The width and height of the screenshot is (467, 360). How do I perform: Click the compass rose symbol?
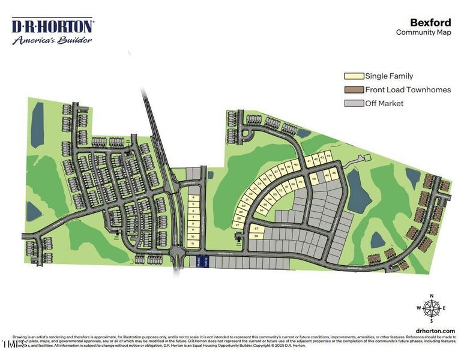point(431,308)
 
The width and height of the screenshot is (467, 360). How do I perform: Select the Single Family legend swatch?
point(354,76)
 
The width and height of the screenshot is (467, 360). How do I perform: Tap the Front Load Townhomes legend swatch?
point(354,89)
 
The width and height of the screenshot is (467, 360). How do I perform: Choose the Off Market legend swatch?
point(354,103)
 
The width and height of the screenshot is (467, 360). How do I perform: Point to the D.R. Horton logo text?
point(53,26)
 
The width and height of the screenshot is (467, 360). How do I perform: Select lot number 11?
point(193,244)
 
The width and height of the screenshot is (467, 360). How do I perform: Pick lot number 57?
point(256,229)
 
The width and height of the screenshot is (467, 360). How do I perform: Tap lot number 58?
point(256,236)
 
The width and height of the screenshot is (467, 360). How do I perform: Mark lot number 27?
point(238,225)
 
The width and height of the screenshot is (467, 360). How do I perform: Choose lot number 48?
point(314,179)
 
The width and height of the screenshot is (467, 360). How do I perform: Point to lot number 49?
point(300,181)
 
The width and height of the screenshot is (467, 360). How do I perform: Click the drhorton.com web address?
point(435,331)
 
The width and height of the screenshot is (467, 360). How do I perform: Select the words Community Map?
point(423,32)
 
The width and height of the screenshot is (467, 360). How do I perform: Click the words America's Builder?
point(53,40)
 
